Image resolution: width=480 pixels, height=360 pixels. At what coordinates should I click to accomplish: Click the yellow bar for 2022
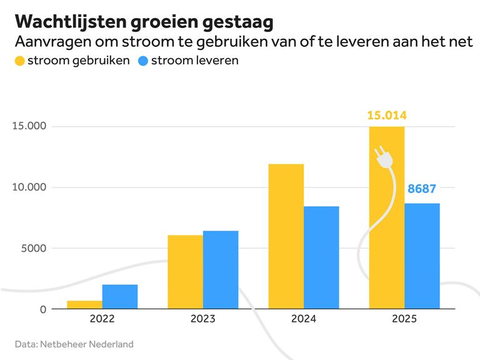[x=84, y=305]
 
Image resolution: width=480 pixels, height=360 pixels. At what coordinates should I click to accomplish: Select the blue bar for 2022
[x=120, y=297]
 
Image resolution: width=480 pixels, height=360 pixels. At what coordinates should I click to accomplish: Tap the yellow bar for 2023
[x=185, y=272]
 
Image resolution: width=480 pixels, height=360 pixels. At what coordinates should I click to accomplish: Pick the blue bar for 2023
[x=221, y=270]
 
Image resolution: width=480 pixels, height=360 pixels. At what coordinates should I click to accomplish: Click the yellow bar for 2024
[x=286, y=236]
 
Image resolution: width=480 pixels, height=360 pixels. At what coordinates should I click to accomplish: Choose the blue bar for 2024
[x=321, y=257]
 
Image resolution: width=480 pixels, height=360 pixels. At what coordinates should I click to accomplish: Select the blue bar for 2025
[x=422, y=256]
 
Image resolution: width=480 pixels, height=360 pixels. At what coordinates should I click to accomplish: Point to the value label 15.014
[x=386, y=116]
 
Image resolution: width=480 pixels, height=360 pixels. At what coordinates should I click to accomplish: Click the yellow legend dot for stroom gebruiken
[x=19, y=61]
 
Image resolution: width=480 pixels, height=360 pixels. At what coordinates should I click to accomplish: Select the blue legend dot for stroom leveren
[x=143, y=61]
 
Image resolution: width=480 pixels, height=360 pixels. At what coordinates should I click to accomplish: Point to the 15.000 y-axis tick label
[x=29, y=126]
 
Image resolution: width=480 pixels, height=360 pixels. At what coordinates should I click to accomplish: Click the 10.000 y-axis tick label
[x=29, y=187]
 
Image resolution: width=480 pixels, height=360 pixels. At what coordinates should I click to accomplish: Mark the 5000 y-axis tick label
[x=33, y=248]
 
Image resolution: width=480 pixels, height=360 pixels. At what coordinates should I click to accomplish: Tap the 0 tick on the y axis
[x=43, y=309]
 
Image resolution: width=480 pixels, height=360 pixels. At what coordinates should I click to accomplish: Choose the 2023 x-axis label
[x=202, y=319]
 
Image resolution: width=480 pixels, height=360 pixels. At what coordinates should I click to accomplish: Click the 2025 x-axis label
[x=404, y=319]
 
